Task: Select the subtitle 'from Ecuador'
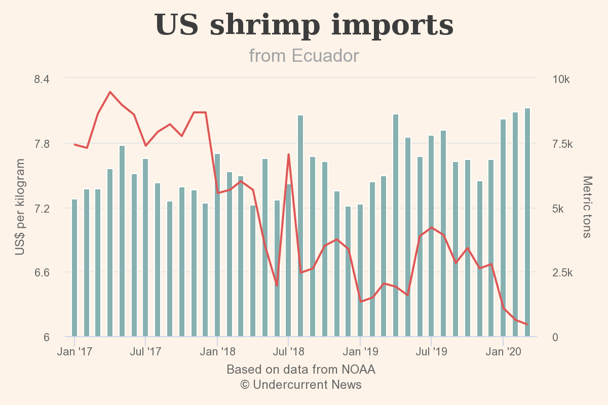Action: (304, 56)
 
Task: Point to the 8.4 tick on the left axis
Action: (42, 79)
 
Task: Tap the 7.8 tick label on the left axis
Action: (42, 144)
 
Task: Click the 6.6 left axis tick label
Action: (42, 273)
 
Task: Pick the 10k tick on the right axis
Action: (561, 79)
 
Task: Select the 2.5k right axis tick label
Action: (562, 273)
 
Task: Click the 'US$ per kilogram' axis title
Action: (20, 207)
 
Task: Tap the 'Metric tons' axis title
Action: (587, 207)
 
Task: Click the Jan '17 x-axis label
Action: (74, 351)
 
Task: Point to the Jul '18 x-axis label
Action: (288, 351)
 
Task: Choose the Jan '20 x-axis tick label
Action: (503, 351)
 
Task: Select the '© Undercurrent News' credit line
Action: (301, 385)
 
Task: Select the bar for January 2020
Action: (503, 228)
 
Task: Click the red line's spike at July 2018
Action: (288, 154)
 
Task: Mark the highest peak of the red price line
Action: (110, 92)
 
